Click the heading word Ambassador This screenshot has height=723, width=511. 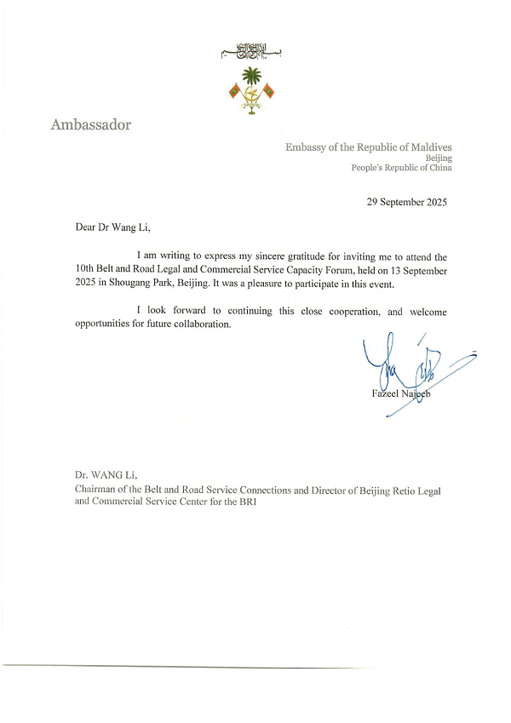pyautogui.click(x=91, y=125)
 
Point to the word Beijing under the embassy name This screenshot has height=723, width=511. pyautogui.click(x=439, y=158)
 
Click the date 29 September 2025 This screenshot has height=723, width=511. pyautogui.click(x=406, y=202)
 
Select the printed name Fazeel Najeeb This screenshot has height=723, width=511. pyautogui.click(x=399, y=393)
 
